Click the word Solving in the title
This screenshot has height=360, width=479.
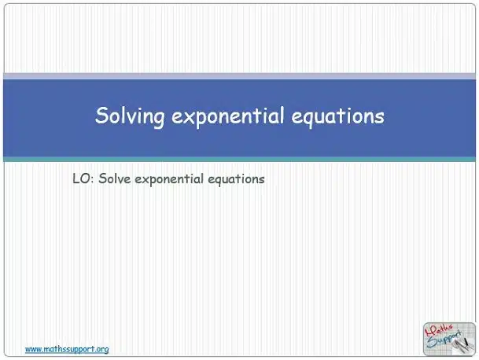coord(130,116)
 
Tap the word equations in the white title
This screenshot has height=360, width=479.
coord(337,116)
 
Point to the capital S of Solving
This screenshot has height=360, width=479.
coord(102,115)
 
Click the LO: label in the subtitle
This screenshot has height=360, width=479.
coord(82,178)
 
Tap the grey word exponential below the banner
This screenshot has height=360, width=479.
coord(169,179)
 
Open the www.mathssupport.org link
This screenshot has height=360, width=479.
coord(67,349)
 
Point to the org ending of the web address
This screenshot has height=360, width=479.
coord(102,350)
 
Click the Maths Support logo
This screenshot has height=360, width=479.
coord(449,339)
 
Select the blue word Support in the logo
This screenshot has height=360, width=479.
coord(444,340)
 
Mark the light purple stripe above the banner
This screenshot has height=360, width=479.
coord(239,76)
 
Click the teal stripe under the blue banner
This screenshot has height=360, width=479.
coord(239,159)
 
